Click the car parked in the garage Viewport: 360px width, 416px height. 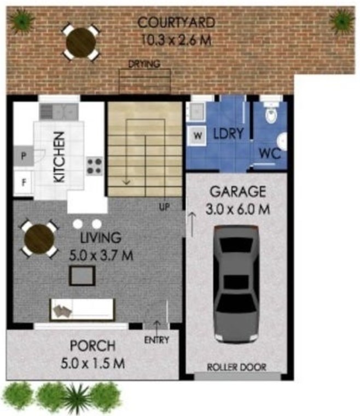(x=236, y=284)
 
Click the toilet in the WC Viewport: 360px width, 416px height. (x=271, y=112)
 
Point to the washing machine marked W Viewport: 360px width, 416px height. (x=198, y=136)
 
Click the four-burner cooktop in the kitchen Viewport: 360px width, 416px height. (x=94, y=166)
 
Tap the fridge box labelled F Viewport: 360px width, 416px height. (x=24, y=182)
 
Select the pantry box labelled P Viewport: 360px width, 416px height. (x=24, y=156)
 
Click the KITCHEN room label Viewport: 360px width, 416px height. (x=59, y=157)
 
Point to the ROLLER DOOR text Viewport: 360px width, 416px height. (x=236, y=367)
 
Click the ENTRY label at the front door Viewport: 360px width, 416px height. (x=156, y=340)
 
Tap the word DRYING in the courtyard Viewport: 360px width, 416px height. (x=144, y=64)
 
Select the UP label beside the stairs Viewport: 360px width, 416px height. (x=164, y=207)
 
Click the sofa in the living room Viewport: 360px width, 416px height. (x=82, y=309)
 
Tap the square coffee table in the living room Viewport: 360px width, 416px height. (x=82, y=276)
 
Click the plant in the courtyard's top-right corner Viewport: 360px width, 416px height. (x=342, y=21)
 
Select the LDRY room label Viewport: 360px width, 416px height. (x=228, y=134)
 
